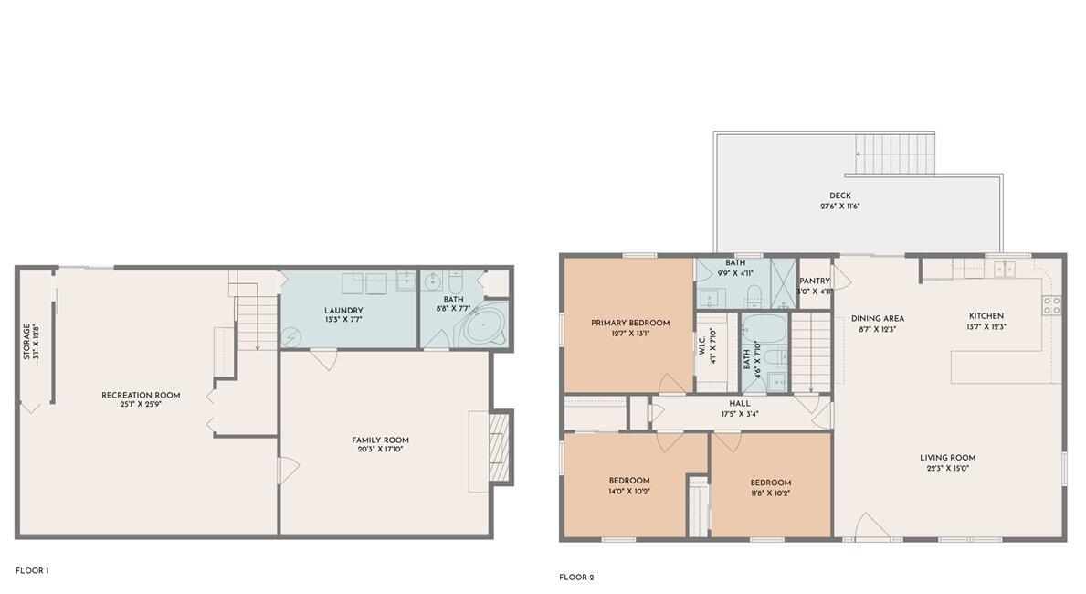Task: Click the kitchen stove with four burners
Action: click(x=1051, y=305)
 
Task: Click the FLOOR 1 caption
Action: click(x=32, y=571)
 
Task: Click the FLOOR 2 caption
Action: click(x=576, y=578)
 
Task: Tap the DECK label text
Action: click(x=839, y=196)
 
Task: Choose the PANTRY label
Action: click(x=814, y=281)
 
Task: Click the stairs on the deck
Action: click(x=895, y=154)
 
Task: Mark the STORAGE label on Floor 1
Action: click(x=26, y=341)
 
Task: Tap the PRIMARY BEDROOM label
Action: click(x=629, y=323)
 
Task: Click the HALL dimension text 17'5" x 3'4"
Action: click(x=739, y=414)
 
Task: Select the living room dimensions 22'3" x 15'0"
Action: click(x=947, y=469)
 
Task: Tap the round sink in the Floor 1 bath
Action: click(x=434, y=280)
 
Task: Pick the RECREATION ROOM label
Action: click(x=141, y=396)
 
